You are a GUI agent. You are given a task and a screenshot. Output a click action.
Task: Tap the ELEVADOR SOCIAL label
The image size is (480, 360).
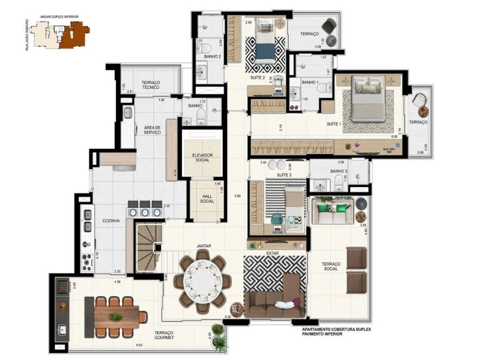tap(202, 158)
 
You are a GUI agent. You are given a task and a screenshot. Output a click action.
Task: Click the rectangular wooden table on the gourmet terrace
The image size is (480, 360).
tap(116, 317)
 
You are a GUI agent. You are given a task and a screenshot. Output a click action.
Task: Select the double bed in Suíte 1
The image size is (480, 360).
tap(368, 98)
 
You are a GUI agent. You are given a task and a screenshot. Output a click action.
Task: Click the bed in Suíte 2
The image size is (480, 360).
tap(265, 41)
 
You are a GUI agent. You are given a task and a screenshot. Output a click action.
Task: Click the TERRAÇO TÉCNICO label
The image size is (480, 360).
tap(151, 85)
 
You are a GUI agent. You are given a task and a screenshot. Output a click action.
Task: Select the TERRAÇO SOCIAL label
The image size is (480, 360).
tap(331, 266)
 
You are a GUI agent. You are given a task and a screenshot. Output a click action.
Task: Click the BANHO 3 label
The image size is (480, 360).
tap(339, 170)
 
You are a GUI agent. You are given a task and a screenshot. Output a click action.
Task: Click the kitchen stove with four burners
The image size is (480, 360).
tap(87, 262)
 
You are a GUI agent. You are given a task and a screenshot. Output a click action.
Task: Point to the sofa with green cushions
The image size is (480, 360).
tap(333, 212)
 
